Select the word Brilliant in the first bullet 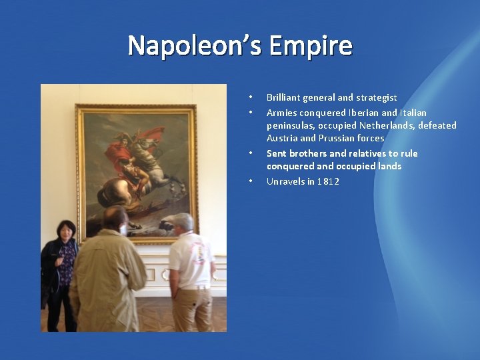coord(283,97)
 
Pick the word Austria coord(282,138)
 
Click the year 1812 coord(328,181)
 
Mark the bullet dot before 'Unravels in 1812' coord(250,181)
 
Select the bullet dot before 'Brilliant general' coord(250,97)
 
